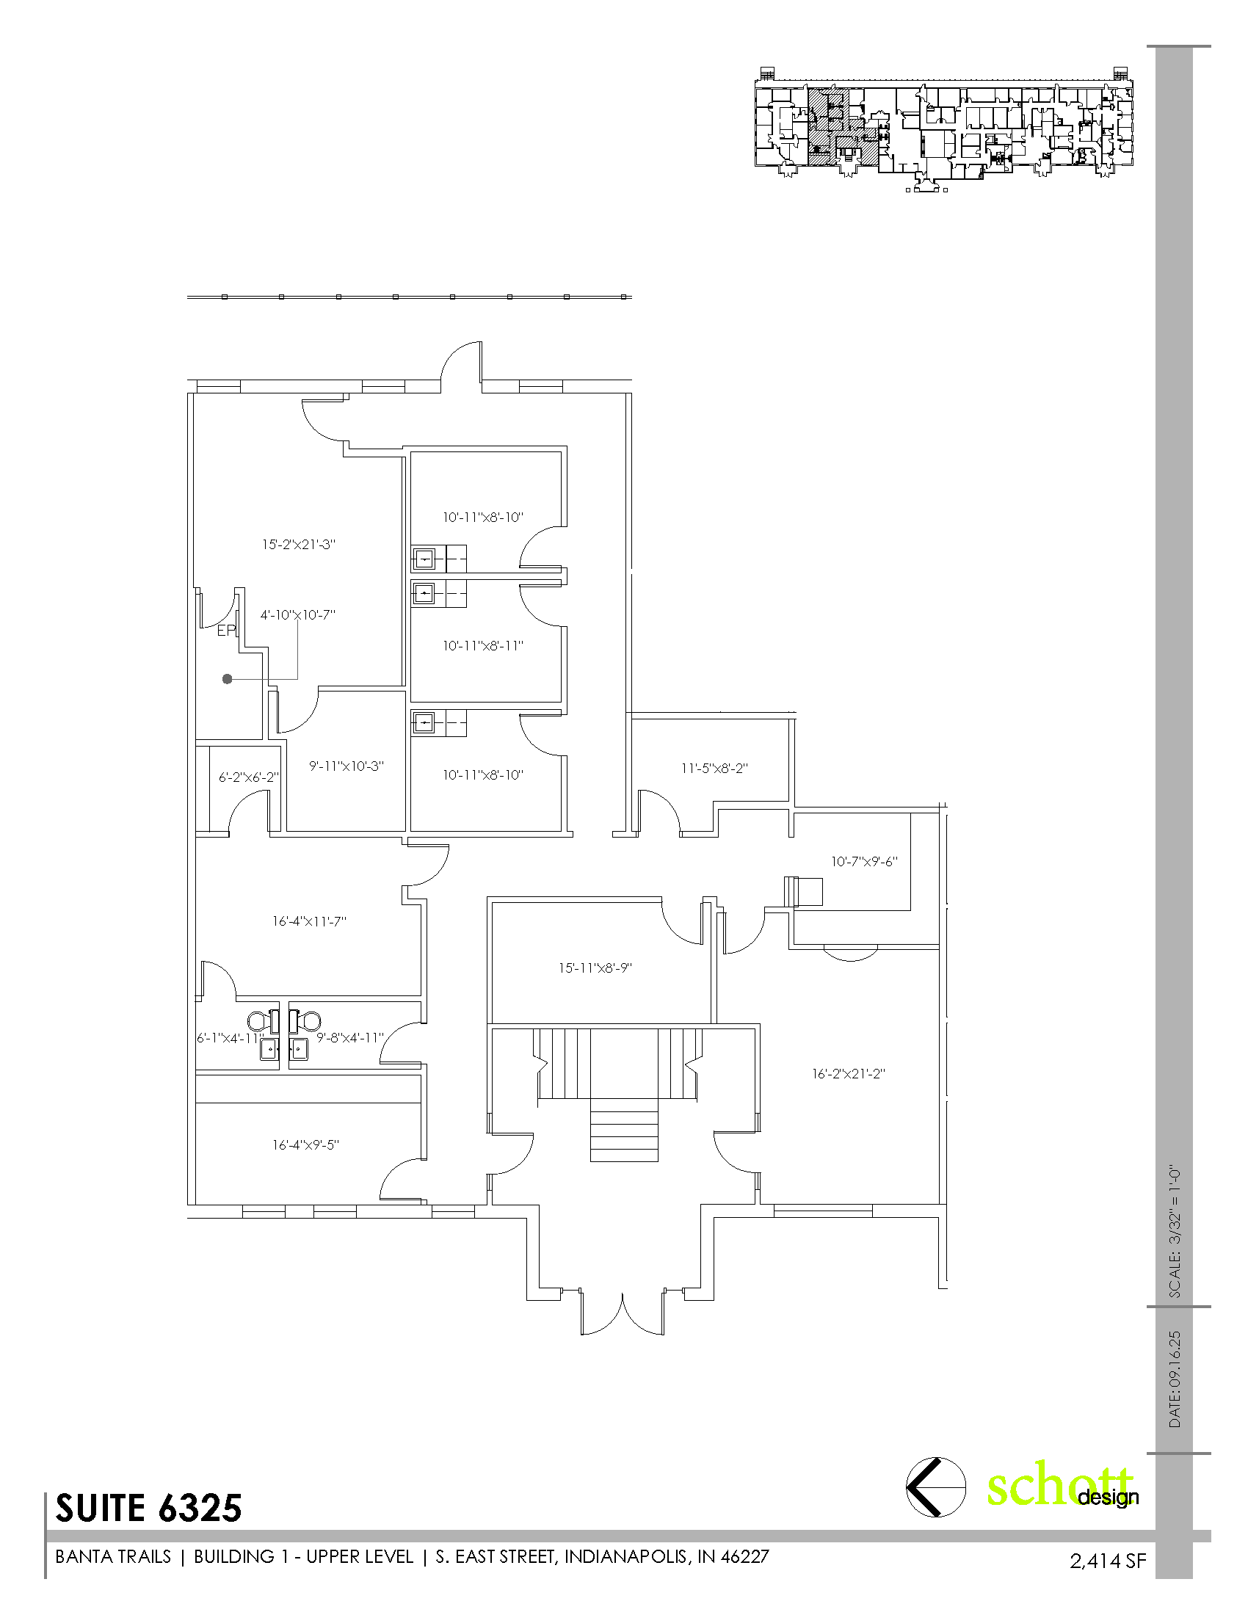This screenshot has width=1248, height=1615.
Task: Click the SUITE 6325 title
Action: (x=148, y=1509)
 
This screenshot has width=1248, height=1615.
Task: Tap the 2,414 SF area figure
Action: (x=1108, y=1561)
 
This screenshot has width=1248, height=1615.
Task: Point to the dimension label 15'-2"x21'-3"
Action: (x=299, y=544)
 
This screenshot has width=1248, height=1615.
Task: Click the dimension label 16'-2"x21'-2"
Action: (x=849, y=1074)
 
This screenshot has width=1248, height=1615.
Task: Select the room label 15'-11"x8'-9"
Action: (x=595, y=968)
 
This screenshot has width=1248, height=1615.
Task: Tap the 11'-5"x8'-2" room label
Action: (x=714, y=769)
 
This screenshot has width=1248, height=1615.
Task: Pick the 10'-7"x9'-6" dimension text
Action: (x=864, y=862)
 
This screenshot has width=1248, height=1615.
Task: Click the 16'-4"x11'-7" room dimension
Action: (x=309, y=921)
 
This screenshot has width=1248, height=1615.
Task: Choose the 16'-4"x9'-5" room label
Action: (x=305, y=1144)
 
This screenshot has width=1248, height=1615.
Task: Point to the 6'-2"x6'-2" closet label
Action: (x=249, y=777)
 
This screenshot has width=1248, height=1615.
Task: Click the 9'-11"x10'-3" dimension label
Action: (x=347, y=766)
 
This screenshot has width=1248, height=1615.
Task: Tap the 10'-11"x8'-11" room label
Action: (x=484, y=645)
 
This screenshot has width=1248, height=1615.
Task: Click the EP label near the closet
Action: (x=226, y=631)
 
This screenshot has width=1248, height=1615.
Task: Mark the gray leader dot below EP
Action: (x=228, y=679)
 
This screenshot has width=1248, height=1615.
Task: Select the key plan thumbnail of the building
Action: (x=943, y=130)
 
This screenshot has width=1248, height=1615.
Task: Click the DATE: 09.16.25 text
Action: (x=1175, y=1379)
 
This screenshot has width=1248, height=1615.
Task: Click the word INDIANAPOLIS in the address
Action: (x=629, y=1556)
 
